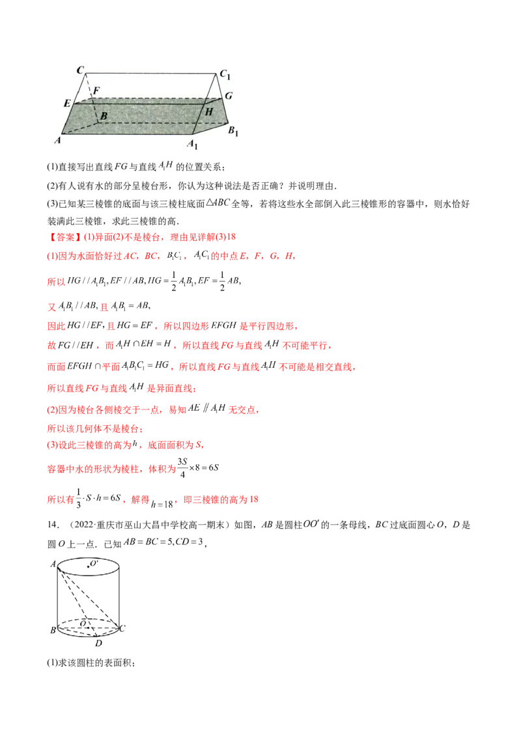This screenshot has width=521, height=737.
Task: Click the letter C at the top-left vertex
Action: [x=80, y=69]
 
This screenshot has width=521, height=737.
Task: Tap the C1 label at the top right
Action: [x=225, y=75]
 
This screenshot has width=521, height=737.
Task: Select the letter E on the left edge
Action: [x=67, y=104]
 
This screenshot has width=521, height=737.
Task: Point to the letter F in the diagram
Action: [x=96, y=90]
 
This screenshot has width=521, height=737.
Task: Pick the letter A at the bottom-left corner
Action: [x=57, y=139]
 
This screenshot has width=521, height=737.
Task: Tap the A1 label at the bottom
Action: [x=192, y=145]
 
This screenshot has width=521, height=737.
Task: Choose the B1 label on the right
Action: [x=232, y=130]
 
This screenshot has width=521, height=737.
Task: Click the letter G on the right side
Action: [x=229, y=96]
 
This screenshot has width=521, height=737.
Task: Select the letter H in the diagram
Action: [x=208, y=111]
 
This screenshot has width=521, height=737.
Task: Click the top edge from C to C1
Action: [x=151, y=73]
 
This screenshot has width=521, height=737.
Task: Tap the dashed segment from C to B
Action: [x=92, y=96]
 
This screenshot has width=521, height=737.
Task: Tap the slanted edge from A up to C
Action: [x=74, y=104]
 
